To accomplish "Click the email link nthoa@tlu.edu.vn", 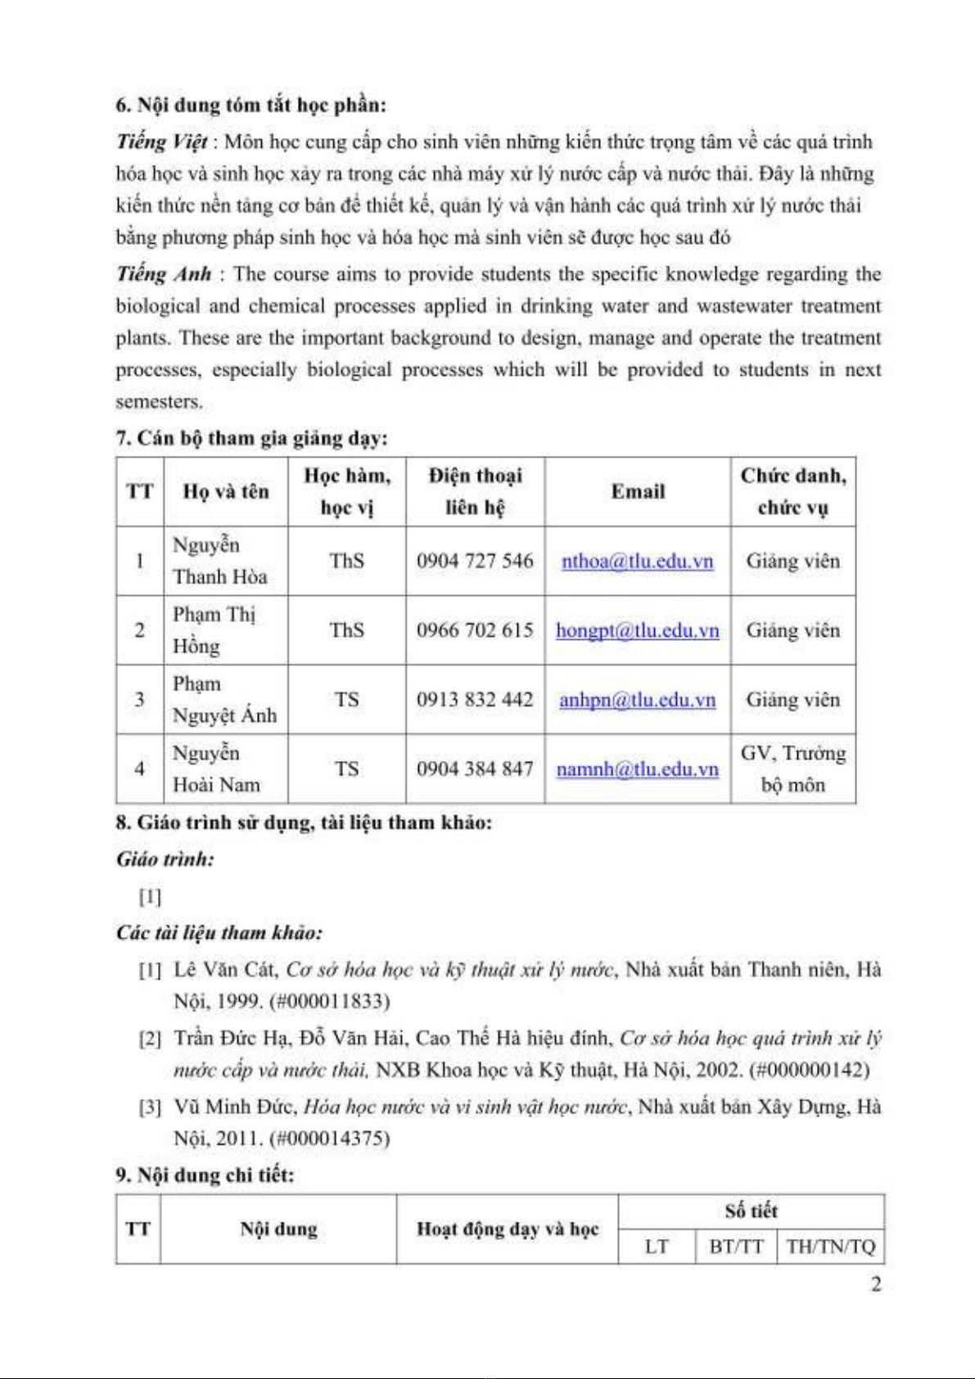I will tap(637, 561).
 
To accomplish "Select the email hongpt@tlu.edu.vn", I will tap(637, 631).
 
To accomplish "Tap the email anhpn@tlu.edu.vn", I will tap(637, 701).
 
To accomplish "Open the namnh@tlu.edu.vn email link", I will tap(637, 769).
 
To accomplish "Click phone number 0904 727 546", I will tap(475, 561).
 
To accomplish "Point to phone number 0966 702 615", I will tap(475, 631).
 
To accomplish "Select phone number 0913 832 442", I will tap(475, 701).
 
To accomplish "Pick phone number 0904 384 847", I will tap(475, 769).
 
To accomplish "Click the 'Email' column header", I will tap(638, 492).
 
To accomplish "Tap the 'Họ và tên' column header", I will tap(226, 492).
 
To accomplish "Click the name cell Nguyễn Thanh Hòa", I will tap(219, 561).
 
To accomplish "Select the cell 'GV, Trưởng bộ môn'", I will tap(792, 769).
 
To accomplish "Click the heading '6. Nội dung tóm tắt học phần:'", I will tap(251, 106).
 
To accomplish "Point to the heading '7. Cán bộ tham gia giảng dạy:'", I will tap(251, 439).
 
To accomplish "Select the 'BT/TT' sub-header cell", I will tap(736, 1247).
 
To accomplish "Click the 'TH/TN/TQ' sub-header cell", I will tap(830, 1247).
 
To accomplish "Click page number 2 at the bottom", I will tap(876, 1285).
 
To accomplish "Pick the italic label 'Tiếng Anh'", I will tap(164, 274).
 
